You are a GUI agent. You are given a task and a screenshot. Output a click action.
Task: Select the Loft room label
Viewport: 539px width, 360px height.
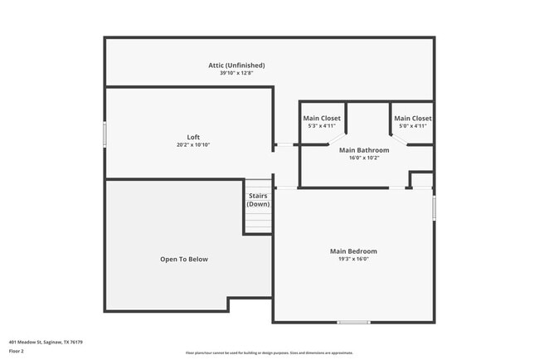tap(193, 137)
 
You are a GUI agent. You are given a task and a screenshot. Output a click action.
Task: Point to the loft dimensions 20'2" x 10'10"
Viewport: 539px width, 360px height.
tap(193, 145)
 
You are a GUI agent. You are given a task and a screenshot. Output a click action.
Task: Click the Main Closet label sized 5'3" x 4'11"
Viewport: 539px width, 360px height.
tap(321, 118)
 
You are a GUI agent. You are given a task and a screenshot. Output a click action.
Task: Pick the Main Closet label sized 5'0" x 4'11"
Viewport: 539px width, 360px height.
tap(412, 118)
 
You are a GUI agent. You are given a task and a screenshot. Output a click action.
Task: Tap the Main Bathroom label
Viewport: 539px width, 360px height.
tap(364, 150)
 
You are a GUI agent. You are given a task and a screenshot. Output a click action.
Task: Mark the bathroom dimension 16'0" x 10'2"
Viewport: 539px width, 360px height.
tap(364, 158)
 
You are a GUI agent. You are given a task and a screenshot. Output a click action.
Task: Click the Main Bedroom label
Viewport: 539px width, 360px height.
tap(353, 251)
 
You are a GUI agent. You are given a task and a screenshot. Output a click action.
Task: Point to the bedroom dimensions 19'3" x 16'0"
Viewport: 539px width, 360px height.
tap(353, 259)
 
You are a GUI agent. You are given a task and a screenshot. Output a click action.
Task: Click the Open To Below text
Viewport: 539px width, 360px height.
tap(184, 260)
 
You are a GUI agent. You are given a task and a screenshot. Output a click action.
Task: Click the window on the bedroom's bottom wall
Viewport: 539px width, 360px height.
tap(353, 322)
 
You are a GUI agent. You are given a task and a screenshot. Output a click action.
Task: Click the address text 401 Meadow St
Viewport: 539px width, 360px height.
tap(46, 342)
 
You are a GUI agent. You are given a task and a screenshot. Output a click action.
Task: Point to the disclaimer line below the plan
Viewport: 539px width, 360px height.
tap(269, 353)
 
